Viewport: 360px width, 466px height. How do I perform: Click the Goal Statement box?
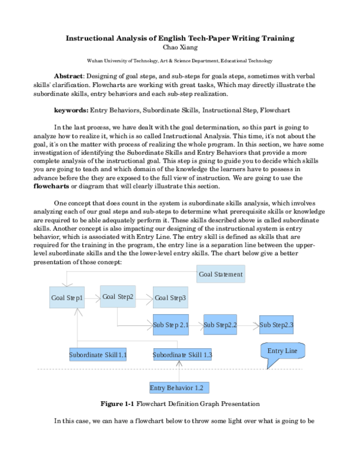pos(220,274)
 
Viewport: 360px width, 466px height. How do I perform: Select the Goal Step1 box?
pos(67,297)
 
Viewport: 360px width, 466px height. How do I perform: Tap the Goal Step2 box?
pos(118,296)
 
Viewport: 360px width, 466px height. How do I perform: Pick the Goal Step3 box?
pos(170,297)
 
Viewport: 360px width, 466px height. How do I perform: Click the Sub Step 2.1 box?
pos(170,325)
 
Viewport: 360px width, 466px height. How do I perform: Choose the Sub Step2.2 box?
pos(220,325)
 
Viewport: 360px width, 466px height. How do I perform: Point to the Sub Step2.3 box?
pos(276,325)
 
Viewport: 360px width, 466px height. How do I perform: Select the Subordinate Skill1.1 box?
pos(98,355)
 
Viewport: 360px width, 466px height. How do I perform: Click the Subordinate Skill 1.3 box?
pos(182,355)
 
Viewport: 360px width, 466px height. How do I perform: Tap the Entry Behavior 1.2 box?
pos(179,387)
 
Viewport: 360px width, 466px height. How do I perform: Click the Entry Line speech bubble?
pos(283,351)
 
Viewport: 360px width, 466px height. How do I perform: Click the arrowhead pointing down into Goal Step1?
pos(67,284)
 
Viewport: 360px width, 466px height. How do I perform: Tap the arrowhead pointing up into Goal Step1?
pos(77,312)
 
